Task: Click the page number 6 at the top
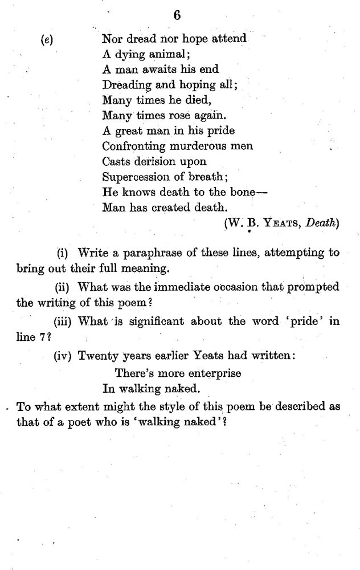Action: click(177, 16)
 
